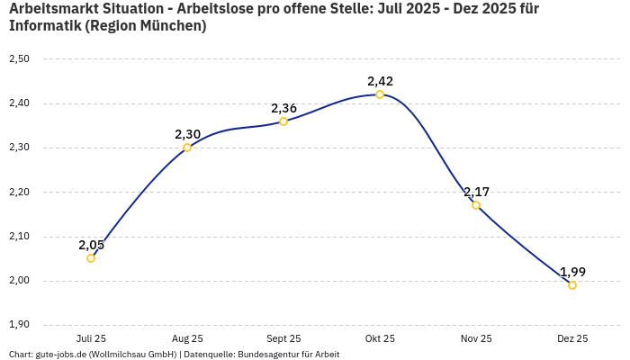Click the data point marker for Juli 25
[91, 258]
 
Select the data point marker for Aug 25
[187, 148]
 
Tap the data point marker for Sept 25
[283, 121]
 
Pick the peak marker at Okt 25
[380, 94]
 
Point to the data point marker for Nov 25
[476, 205]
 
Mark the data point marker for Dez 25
[572, 285]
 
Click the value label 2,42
[380, 81]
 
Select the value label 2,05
[91, 245]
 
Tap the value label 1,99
[572, 272]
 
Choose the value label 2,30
[187, 134]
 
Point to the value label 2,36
[283, 108]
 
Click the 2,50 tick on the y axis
[19, 59]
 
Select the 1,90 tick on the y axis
[19, 325]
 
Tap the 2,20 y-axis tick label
[19, 193]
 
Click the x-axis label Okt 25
[380, 339]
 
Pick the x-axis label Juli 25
[91, 339]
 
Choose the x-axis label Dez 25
[572, 339]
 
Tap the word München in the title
[171, 26]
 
